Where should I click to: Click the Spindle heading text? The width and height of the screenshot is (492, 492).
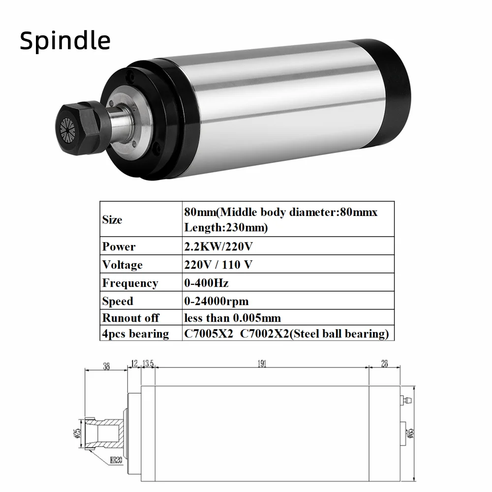click(65, 40)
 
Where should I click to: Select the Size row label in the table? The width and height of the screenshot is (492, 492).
click(112, 219)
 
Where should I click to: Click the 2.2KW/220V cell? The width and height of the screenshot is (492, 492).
click(218, 246)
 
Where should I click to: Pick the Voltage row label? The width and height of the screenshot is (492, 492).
click(123, 265)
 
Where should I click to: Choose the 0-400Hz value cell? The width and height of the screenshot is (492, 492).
click(206, 283)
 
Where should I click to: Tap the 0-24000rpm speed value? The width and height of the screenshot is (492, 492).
click(216, 301)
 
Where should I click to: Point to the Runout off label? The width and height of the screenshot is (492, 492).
click(130, 317)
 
